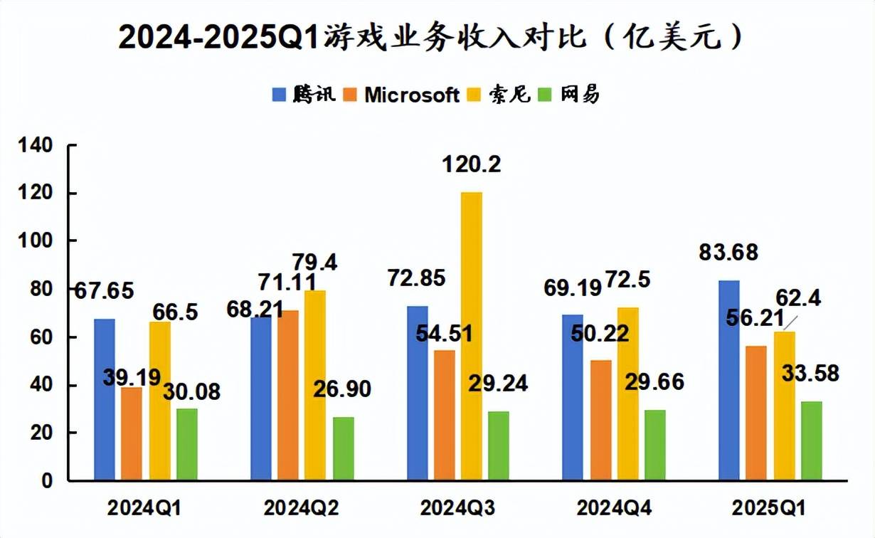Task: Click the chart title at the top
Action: [x=430, y=37]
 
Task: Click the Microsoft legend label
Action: [x=412, y=95]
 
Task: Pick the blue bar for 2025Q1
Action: [x=729, y=381]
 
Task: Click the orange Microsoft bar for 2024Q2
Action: [x=289, y=396]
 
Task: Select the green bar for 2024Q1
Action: [x=187, y=445]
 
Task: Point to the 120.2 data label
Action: [x=471, y=165]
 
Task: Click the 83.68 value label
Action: [x=728, y=252]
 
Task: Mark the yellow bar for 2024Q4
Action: [x=627, y=394]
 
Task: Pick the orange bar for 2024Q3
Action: [x=445, y=416]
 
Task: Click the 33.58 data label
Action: [x=811, y=372]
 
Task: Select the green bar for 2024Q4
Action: [x=655, y=445]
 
